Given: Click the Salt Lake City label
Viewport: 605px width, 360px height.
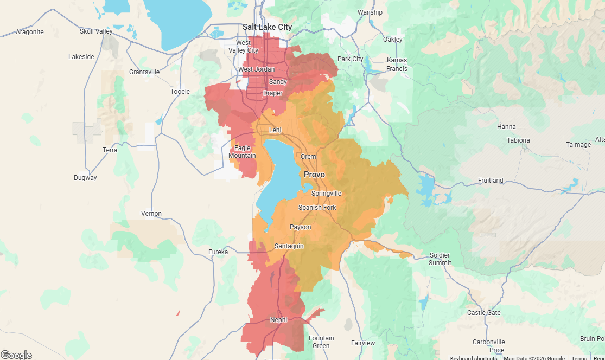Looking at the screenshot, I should (267, 27).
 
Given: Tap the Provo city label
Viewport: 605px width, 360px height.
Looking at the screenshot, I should (314, 175).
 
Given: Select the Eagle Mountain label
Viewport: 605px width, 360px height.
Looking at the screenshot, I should (243, 152).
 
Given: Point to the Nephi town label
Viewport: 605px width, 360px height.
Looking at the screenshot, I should (278, 320).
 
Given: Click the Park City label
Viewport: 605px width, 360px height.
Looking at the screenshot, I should (350, 59).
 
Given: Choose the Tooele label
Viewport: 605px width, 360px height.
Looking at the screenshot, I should (180, 92).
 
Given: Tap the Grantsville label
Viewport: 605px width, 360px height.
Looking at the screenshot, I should (144, 72).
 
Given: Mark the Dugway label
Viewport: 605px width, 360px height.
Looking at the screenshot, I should (85, 178).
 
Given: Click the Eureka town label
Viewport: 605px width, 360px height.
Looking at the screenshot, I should (218, 252).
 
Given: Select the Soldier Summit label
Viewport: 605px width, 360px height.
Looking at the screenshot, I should (440, 259).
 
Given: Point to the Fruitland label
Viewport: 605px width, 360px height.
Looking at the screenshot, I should (491, 181).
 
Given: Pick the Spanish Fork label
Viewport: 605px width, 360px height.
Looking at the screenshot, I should (317, 208).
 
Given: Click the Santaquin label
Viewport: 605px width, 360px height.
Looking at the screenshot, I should (289, 246).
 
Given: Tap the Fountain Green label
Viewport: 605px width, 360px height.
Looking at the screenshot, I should (321, 342).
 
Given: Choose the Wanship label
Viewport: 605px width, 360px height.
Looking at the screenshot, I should (370, 12).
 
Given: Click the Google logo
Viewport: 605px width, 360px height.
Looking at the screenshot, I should (16, 355).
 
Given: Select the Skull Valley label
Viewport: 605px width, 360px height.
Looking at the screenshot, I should (96, 31).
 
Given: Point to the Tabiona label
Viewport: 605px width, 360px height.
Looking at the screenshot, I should (518, 140).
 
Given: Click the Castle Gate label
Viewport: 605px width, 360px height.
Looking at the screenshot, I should (484, 313).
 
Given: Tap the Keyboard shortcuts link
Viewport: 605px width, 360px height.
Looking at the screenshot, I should (473, 358).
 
